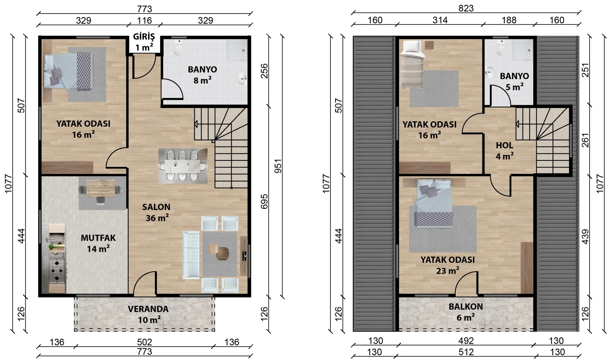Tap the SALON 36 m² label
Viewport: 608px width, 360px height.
point(157,212)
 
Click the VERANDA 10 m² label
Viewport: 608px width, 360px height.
point(148,314)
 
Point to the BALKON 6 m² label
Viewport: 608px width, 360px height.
point(466,312)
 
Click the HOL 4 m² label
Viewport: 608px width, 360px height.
point(504,151)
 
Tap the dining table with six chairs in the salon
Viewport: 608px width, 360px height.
point(183,166)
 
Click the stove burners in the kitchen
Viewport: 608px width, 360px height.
point(57,271)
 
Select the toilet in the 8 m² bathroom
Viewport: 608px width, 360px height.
point(179,47)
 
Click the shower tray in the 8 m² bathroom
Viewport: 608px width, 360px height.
point(237,50)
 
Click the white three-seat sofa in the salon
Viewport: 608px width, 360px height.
point(191,255)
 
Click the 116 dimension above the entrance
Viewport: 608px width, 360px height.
point(144,21)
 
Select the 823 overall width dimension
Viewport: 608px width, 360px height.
point(466,8)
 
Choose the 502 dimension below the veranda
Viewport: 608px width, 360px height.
point(144,342)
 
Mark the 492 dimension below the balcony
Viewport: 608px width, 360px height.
point(466,341)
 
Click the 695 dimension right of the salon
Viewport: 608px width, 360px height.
point(264,201)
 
